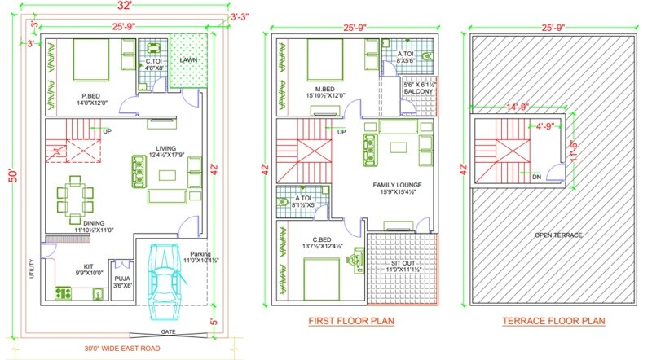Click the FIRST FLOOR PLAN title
351,321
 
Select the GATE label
169,332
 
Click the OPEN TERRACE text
558,235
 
